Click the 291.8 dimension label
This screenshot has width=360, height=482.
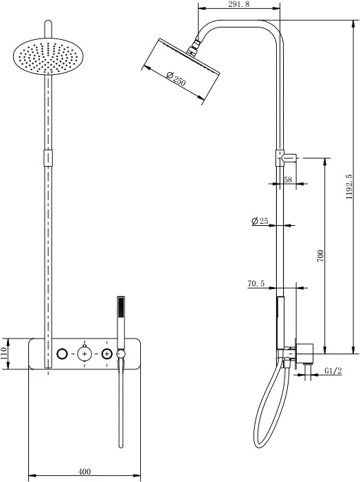[239, 4]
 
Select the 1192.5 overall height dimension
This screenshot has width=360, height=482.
[348, 187]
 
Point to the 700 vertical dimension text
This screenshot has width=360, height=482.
[320, 255]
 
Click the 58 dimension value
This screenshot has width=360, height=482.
[288, 179]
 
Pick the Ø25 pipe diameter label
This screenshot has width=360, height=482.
[260, 220]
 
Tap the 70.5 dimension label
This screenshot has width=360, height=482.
[256, 284]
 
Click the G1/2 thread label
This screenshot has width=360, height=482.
[333, 371]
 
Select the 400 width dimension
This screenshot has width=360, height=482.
[85, 471]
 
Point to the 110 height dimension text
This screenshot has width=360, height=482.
[3, 354]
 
